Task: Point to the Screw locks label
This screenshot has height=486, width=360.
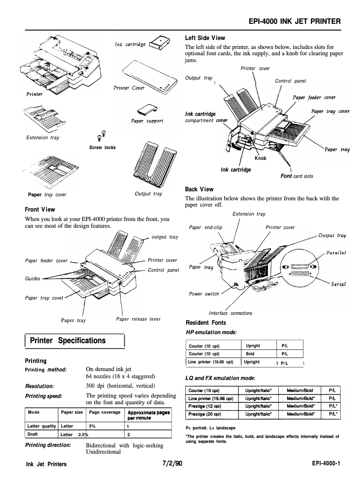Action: pos(102,147)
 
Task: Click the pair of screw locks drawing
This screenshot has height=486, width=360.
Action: pos(101,135)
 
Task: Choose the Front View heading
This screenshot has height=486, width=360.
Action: pos(40,209)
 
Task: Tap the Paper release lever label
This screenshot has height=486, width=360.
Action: pos(138,319)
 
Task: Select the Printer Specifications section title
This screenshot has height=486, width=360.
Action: pos(67,340)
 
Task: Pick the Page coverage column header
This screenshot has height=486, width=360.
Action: pos(105,412)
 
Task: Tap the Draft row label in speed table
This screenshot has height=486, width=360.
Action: pos(32,434)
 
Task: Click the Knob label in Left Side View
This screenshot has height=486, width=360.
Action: pos(260,158)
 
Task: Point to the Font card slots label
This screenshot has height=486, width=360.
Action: pos(297,176)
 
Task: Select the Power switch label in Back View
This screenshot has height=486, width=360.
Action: pos(204,294)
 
